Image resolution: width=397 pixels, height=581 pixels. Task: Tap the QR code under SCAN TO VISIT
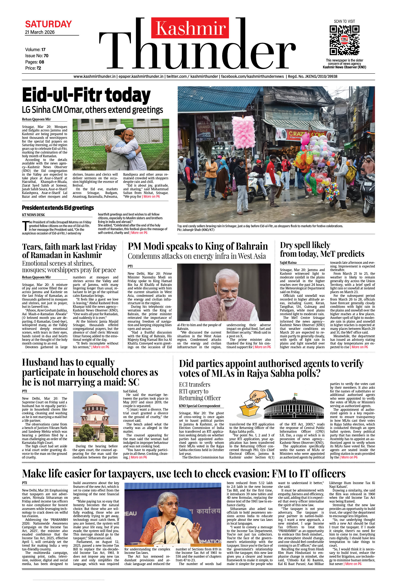point(344,40)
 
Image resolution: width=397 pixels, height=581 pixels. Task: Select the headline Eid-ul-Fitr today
point(86,95)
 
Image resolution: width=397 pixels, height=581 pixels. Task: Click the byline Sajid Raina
point(288,262)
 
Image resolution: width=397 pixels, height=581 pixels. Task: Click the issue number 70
point(46,56)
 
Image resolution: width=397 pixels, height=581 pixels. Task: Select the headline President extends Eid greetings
point(58,208)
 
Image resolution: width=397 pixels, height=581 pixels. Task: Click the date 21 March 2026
point(40,32)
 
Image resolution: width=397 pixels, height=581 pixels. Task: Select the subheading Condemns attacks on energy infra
point(197,256)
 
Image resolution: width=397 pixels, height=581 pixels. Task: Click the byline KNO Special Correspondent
point(199,406)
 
